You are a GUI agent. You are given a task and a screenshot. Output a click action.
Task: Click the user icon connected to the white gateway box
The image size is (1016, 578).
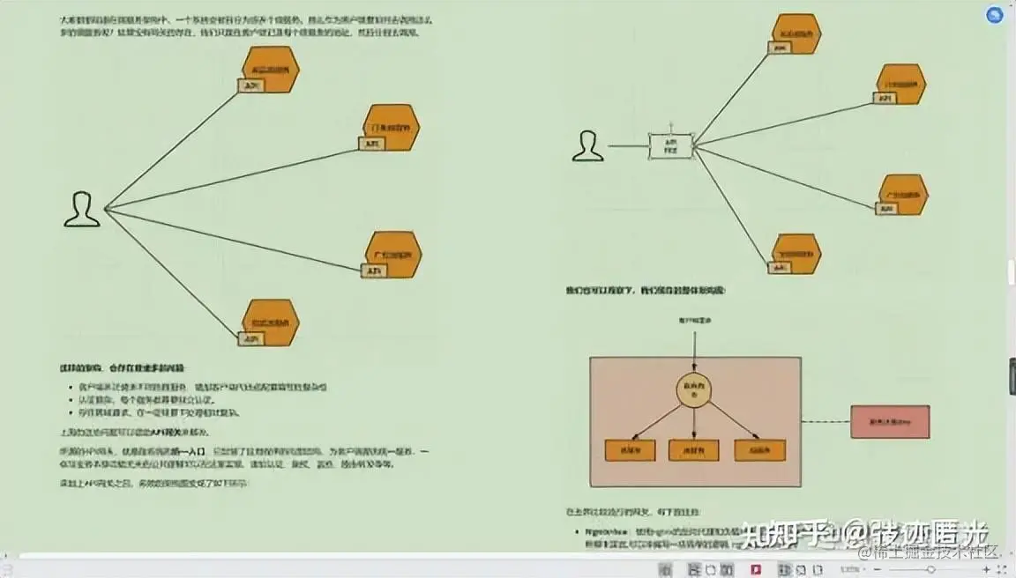(x=587, y=146)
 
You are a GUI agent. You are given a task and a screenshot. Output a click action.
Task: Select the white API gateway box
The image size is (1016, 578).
(x=670, y=146)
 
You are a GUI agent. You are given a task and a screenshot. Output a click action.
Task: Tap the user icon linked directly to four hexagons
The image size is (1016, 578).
(x=82, y=210)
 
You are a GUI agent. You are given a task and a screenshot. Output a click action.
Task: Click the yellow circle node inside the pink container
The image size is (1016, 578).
(x=694, y=390)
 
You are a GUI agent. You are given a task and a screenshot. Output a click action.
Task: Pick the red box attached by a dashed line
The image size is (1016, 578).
(x=890, y=422)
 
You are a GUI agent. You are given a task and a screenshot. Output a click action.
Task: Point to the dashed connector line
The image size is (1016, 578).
(x=825, y=421)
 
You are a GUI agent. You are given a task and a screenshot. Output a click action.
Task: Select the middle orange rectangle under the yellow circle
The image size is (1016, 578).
(x=694, y=449)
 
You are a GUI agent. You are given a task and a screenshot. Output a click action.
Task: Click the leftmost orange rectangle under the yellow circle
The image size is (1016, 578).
(x=630, y=449)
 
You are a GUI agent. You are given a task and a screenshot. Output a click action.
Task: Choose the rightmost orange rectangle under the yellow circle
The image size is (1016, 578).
(x=759, y=449)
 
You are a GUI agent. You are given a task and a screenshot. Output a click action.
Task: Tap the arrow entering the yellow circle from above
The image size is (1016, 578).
(x=694, y=357)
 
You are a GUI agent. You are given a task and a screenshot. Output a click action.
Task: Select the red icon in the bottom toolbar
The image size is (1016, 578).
(x=756, y=569)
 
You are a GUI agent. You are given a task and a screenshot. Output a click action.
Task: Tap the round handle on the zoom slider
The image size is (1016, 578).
(x=930, y=570)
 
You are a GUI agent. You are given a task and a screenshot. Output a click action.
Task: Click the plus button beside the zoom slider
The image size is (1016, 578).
(x=987, y=570)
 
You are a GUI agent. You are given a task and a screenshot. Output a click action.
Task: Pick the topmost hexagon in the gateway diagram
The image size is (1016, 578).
(x=796, y=33)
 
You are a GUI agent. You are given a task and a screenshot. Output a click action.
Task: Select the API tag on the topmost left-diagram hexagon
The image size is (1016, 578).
(x=252, y=85)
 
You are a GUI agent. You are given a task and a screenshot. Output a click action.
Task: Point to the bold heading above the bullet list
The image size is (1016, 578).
(x=123, y=367)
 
